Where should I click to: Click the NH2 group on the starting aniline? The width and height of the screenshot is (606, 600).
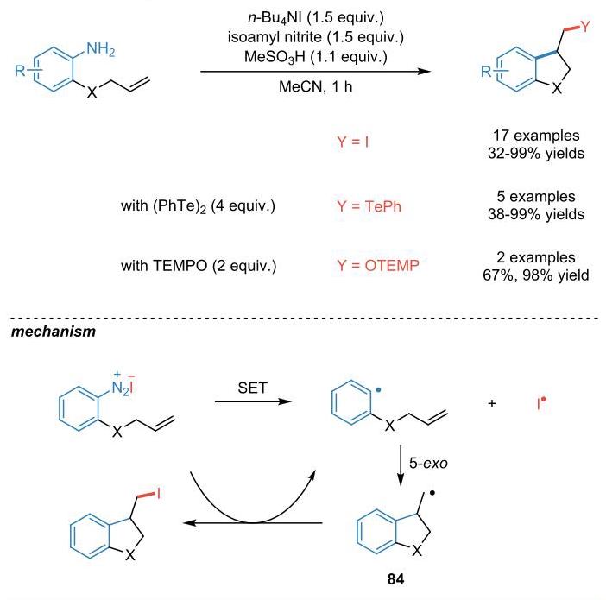101,49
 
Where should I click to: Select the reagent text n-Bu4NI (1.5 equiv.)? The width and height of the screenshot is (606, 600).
315,17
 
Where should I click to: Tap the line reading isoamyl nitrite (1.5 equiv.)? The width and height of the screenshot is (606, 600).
315,37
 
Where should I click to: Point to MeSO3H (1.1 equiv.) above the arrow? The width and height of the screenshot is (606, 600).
315,57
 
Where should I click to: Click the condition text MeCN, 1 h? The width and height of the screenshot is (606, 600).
315,86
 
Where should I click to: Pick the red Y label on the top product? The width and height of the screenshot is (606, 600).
585,26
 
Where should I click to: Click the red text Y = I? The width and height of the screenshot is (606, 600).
352,142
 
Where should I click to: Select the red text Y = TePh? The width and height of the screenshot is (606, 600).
369,206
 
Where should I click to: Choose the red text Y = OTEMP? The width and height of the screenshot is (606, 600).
378,266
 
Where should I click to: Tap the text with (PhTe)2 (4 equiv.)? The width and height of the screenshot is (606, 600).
198,206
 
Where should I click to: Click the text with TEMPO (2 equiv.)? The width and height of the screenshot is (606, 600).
199,266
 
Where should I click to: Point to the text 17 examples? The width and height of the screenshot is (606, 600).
536,136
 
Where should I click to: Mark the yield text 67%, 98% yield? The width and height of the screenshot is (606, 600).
536,275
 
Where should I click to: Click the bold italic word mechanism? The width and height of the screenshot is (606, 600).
54,332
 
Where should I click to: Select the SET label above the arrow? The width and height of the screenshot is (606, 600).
252,388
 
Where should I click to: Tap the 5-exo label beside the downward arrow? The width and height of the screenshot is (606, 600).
428,463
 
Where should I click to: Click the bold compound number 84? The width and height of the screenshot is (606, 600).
395,579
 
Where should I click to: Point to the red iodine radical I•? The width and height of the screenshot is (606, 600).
541,403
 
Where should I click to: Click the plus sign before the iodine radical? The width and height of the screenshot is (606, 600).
491,404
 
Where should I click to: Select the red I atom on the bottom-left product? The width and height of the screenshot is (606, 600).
159,493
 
